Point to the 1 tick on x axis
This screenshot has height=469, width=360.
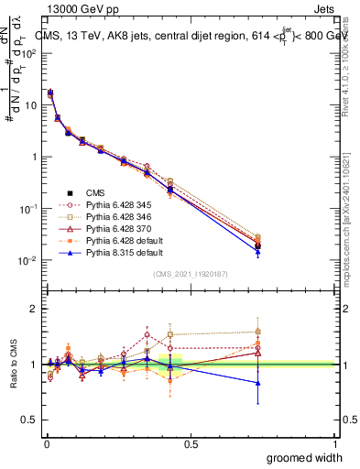click(334, 443)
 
